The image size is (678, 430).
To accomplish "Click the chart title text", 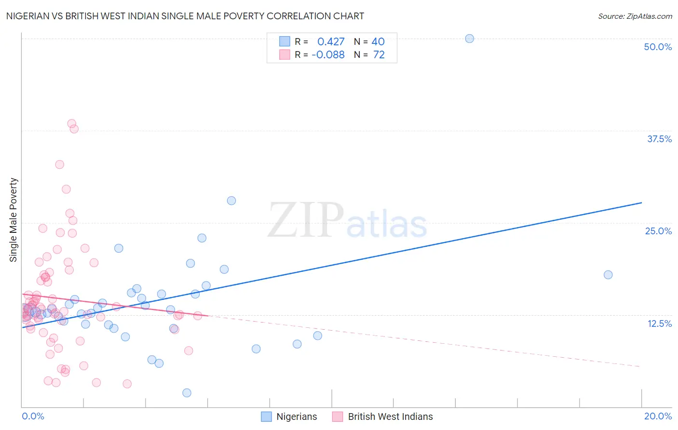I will [x=185, y=16].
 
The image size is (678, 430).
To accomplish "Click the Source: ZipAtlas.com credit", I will [x=635, y=16].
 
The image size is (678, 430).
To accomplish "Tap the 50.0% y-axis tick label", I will [x=658, y=47].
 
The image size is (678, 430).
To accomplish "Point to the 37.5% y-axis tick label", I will [x=659, y=139].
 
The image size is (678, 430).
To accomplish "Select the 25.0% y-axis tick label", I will [x=658, y=231].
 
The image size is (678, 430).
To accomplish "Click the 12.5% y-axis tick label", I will [x=659, y=323].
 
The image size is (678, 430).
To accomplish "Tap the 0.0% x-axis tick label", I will [x=33, y=416].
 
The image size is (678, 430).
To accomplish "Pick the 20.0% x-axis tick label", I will [x=658, y=416].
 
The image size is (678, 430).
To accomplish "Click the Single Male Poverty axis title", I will [x=14, y=220].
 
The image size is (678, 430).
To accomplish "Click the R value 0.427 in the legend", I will [x=331, y=41].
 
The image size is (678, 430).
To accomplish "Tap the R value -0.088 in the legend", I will [x=328, y=55].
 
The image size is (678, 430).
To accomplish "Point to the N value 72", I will [x=379, y=55].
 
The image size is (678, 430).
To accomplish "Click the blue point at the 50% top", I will [x=469, y=39].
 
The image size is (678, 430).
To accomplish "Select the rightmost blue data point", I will [x=608, y=275].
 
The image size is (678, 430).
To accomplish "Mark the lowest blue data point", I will [x=187, y=393].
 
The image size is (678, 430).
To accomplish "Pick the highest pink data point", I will [x=71, y=123].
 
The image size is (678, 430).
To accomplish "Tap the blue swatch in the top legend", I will [x=285, y=41].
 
